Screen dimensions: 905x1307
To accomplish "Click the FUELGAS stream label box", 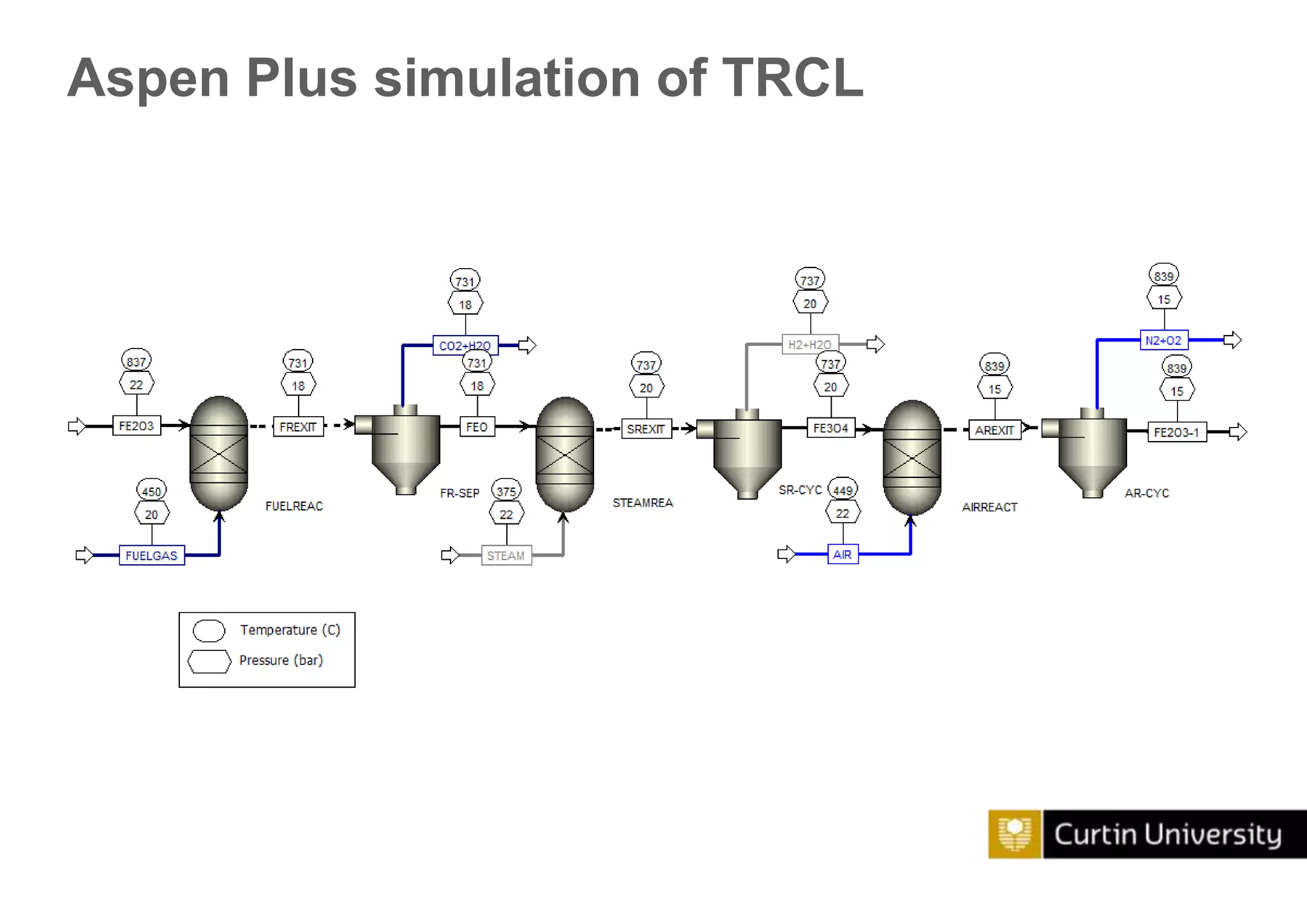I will point(151,555).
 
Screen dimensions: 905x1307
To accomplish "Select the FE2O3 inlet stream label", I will point(136,426).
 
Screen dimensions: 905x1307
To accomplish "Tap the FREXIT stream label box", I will point(298,426).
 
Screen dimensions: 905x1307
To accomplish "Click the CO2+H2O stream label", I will point(465,345).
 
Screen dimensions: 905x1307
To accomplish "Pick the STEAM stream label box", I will point(506,555).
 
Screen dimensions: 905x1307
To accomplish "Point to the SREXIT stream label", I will point(646,429).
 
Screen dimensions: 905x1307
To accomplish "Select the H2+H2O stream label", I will point(810,345).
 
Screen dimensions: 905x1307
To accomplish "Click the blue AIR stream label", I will point(842,555).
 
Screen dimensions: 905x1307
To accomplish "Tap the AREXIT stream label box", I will point(994,430).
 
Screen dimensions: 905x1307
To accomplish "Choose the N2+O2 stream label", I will point(1163,340).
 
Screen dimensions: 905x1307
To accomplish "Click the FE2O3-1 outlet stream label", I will point(1177,432).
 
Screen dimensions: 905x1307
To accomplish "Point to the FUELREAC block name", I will point(294,506).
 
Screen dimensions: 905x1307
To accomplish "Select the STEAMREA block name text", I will point(643,503).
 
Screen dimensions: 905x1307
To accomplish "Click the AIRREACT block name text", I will point(990,507).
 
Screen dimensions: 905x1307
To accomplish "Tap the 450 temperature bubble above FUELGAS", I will point(152,491).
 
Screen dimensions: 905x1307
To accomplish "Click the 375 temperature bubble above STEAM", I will point(507,491).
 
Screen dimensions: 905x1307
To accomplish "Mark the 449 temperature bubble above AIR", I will point(843,490).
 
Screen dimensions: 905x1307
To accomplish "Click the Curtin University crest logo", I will point(1015,834).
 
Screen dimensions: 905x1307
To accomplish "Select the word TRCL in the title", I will point(793,78).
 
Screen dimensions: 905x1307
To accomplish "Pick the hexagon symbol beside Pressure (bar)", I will point(209,661).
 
